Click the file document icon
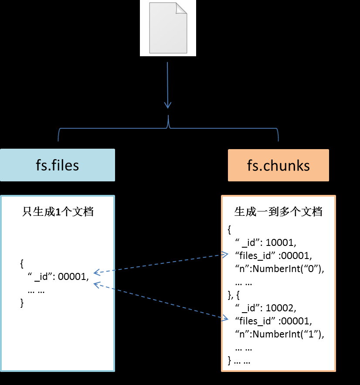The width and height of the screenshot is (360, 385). pos(168,28)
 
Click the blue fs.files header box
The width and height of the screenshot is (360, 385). pos(58,165)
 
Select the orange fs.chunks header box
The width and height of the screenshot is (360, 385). pos(278,165)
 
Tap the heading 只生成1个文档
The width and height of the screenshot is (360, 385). pos(58,212)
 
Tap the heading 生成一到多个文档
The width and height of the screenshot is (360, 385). pos(278,212)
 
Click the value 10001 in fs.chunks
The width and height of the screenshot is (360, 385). pos(281,242)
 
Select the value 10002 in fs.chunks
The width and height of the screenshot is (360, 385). pos(281,308)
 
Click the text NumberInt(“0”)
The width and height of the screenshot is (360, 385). pos(288,269)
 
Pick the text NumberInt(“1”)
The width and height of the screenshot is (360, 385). pos(288,335)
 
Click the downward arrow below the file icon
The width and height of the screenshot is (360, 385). pos(168,85)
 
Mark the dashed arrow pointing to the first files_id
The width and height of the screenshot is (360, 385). pos(161,264)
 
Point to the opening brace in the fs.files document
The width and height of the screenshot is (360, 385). pos(22,263)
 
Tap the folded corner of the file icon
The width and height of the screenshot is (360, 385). pos(181,8)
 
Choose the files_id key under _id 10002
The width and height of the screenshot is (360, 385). pos(257,322)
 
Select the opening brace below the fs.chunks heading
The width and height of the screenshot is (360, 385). pos(230,229)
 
